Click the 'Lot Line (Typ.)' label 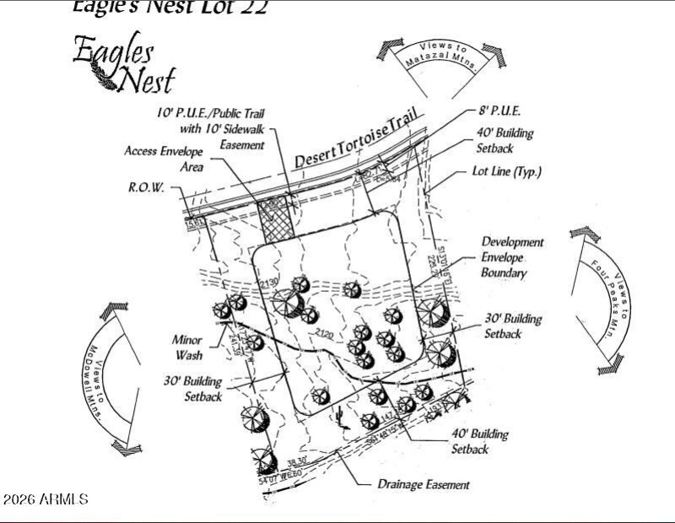(506, 172)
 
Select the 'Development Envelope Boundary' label (512, 257)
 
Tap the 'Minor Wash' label (187, 346)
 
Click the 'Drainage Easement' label (424, 484)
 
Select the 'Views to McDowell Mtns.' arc (107, 379)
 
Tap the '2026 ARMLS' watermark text (46, 499)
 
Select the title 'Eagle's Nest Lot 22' (169, 8)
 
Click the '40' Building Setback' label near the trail (505, 140)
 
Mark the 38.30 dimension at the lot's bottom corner (295, 462)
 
